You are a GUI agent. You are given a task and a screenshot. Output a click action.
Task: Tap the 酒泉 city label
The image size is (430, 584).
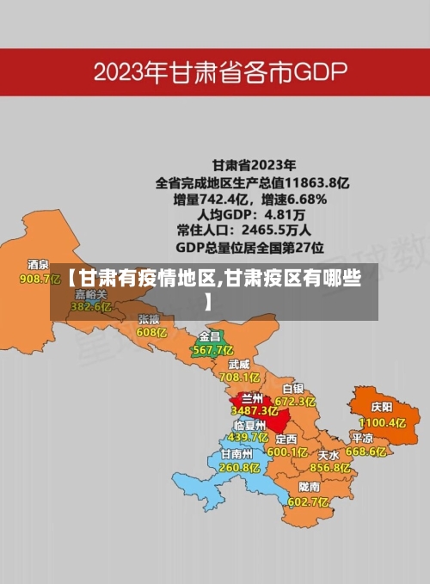click(38, 265)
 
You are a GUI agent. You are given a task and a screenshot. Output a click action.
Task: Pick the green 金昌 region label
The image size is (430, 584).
click(210, 335)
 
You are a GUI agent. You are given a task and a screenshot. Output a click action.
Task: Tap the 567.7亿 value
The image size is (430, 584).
click(212, 349)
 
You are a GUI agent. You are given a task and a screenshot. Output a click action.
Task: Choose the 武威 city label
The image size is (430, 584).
click(238, 364)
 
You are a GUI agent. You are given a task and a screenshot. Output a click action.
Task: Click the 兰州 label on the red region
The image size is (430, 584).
click(252, 398)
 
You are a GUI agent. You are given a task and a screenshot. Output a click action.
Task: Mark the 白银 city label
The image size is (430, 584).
click(293, 388)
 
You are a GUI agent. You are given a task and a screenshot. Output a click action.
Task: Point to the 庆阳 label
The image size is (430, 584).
click(381, 406)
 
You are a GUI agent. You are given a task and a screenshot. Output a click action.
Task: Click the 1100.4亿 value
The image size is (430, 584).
click(382, 422)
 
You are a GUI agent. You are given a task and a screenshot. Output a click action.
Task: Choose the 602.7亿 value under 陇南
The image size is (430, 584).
click(307, 501)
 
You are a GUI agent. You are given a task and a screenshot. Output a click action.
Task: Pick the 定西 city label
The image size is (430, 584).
click(286, 438)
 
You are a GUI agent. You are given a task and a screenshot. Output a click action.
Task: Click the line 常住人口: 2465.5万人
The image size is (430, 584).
click(243, 231)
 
